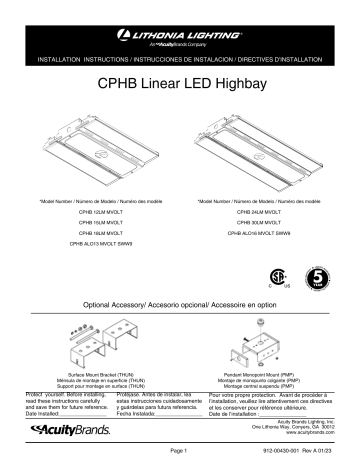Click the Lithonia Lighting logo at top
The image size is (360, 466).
[180, 35]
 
